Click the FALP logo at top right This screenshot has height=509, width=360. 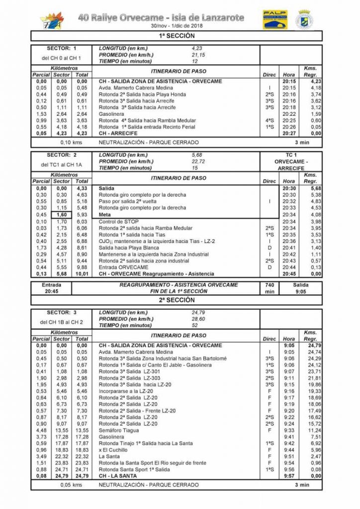(274, 20)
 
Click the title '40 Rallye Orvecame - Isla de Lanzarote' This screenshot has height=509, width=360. (161, 17)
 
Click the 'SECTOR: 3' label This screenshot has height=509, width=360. (62, 312)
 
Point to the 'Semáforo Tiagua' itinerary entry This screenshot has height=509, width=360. (119, 430)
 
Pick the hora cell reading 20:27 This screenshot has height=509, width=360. (288, 133)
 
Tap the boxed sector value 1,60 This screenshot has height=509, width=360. (62, 215)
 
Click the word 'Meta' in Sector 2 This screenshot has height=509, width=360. (105, 215)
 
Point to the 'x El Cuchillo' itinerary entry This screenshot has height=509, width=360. (114, 449)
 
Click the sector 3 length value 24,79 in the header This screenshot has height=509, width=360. (199, 312)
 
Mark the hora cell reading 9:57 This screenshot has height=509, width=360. (289, 475)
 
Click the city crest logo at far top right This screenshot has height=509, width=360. (305, 20)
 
